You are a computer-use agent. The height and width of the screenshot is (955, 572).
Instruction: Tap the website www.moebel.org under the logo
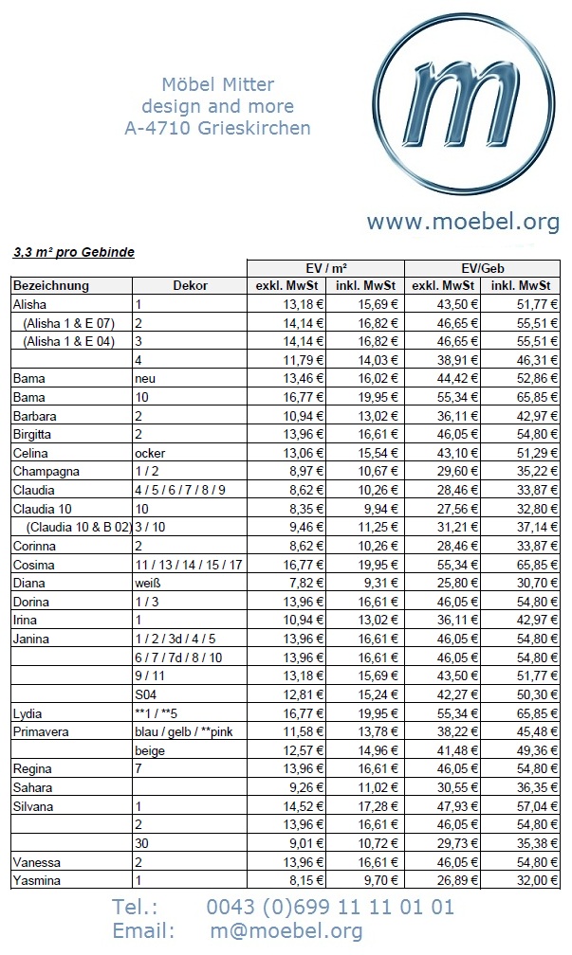click(463, 222)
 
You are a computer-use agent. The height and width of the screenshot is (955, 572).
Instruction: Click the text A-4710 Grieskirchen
click(217, 128)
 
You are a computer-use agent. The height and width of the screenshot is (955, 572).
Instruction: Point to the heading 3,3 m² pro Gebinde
click(74, 253)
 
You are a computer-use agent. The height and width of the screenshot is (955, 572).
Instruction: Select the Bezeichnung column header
click(51, 285)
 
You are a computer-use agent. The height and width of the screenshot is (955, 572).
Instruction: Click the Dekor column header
click(190, 285)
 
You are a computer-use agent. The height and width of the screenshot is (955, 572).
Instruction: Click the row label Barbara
click(35, 416)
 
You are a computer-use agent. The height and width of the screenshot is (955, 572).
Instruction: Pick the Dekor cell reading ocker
click(152, 453)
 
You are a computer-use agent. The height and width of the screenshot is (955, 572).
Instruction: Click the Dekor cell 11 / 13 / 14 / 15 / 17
click(189, 565)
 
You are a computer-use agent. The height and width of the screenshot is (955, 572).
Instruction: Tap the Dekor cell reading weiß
click(149, 584)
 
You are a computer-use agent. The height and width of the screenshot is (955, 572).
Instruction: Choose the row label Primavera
click(45, 731)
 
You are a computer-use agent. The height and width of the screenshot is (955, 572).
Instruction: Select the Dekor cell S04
click(145, 694)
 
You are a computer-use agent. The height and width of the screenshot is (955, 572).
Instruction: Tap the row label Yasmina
click(39, 880)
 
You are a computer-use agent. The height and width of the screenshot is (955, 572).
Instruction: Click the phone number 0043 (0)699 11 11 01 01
click(330, 907)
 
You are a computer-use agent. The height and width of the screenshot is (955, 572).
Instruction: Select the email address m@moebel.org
click(286, 931)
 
